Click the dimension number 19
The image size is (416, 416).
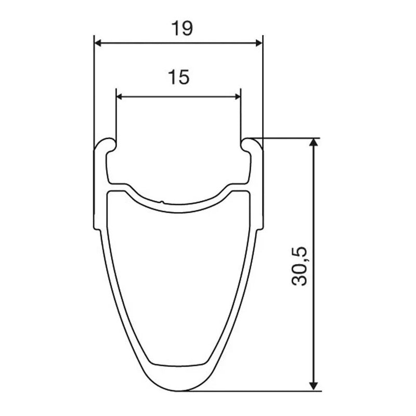click(x=182, y=29)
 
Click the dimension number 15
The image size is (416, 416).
click(x=179, y=77)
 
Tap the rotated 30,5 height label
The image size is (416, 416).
click(x=300, y=266)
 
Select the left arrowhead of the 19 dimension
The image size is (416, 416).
click(x=98, y=43)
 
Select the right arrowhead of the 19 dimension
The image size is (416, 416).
click(x=258, y=43)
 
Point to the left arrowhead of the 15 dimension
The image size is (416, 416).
click(x=120, y=97)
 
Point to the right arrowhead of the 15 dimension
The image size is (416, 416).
click(x=237, y=97)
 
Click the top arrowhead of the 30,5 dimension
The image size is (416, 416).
click(x=314, y=142)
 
